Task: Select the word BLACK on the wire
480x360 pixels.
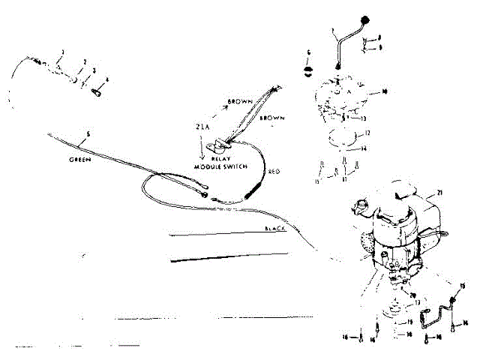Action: (276, 228)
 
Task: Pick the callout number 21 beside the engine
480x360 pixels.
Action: (440, 193)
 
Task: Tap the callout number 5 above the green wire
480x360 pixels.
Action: (88, 135)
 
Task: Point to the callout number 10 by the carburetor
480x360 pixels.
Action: (382, 92)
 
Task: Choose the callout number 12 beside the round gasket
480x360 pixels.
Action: (367, 133)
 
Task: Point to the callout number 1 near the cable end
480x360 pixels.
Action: (63, 51)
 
